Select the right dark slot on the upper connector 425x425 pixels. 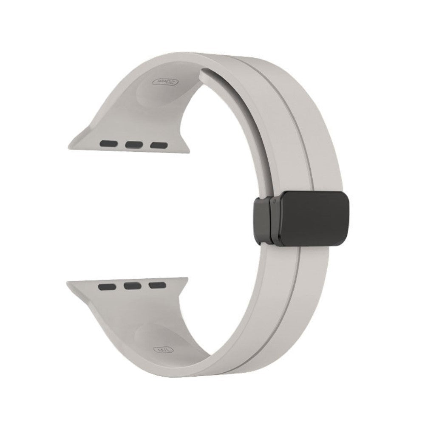[x=158, y=144]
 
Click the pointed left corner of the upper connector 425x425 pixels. [x=70, y=147]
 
